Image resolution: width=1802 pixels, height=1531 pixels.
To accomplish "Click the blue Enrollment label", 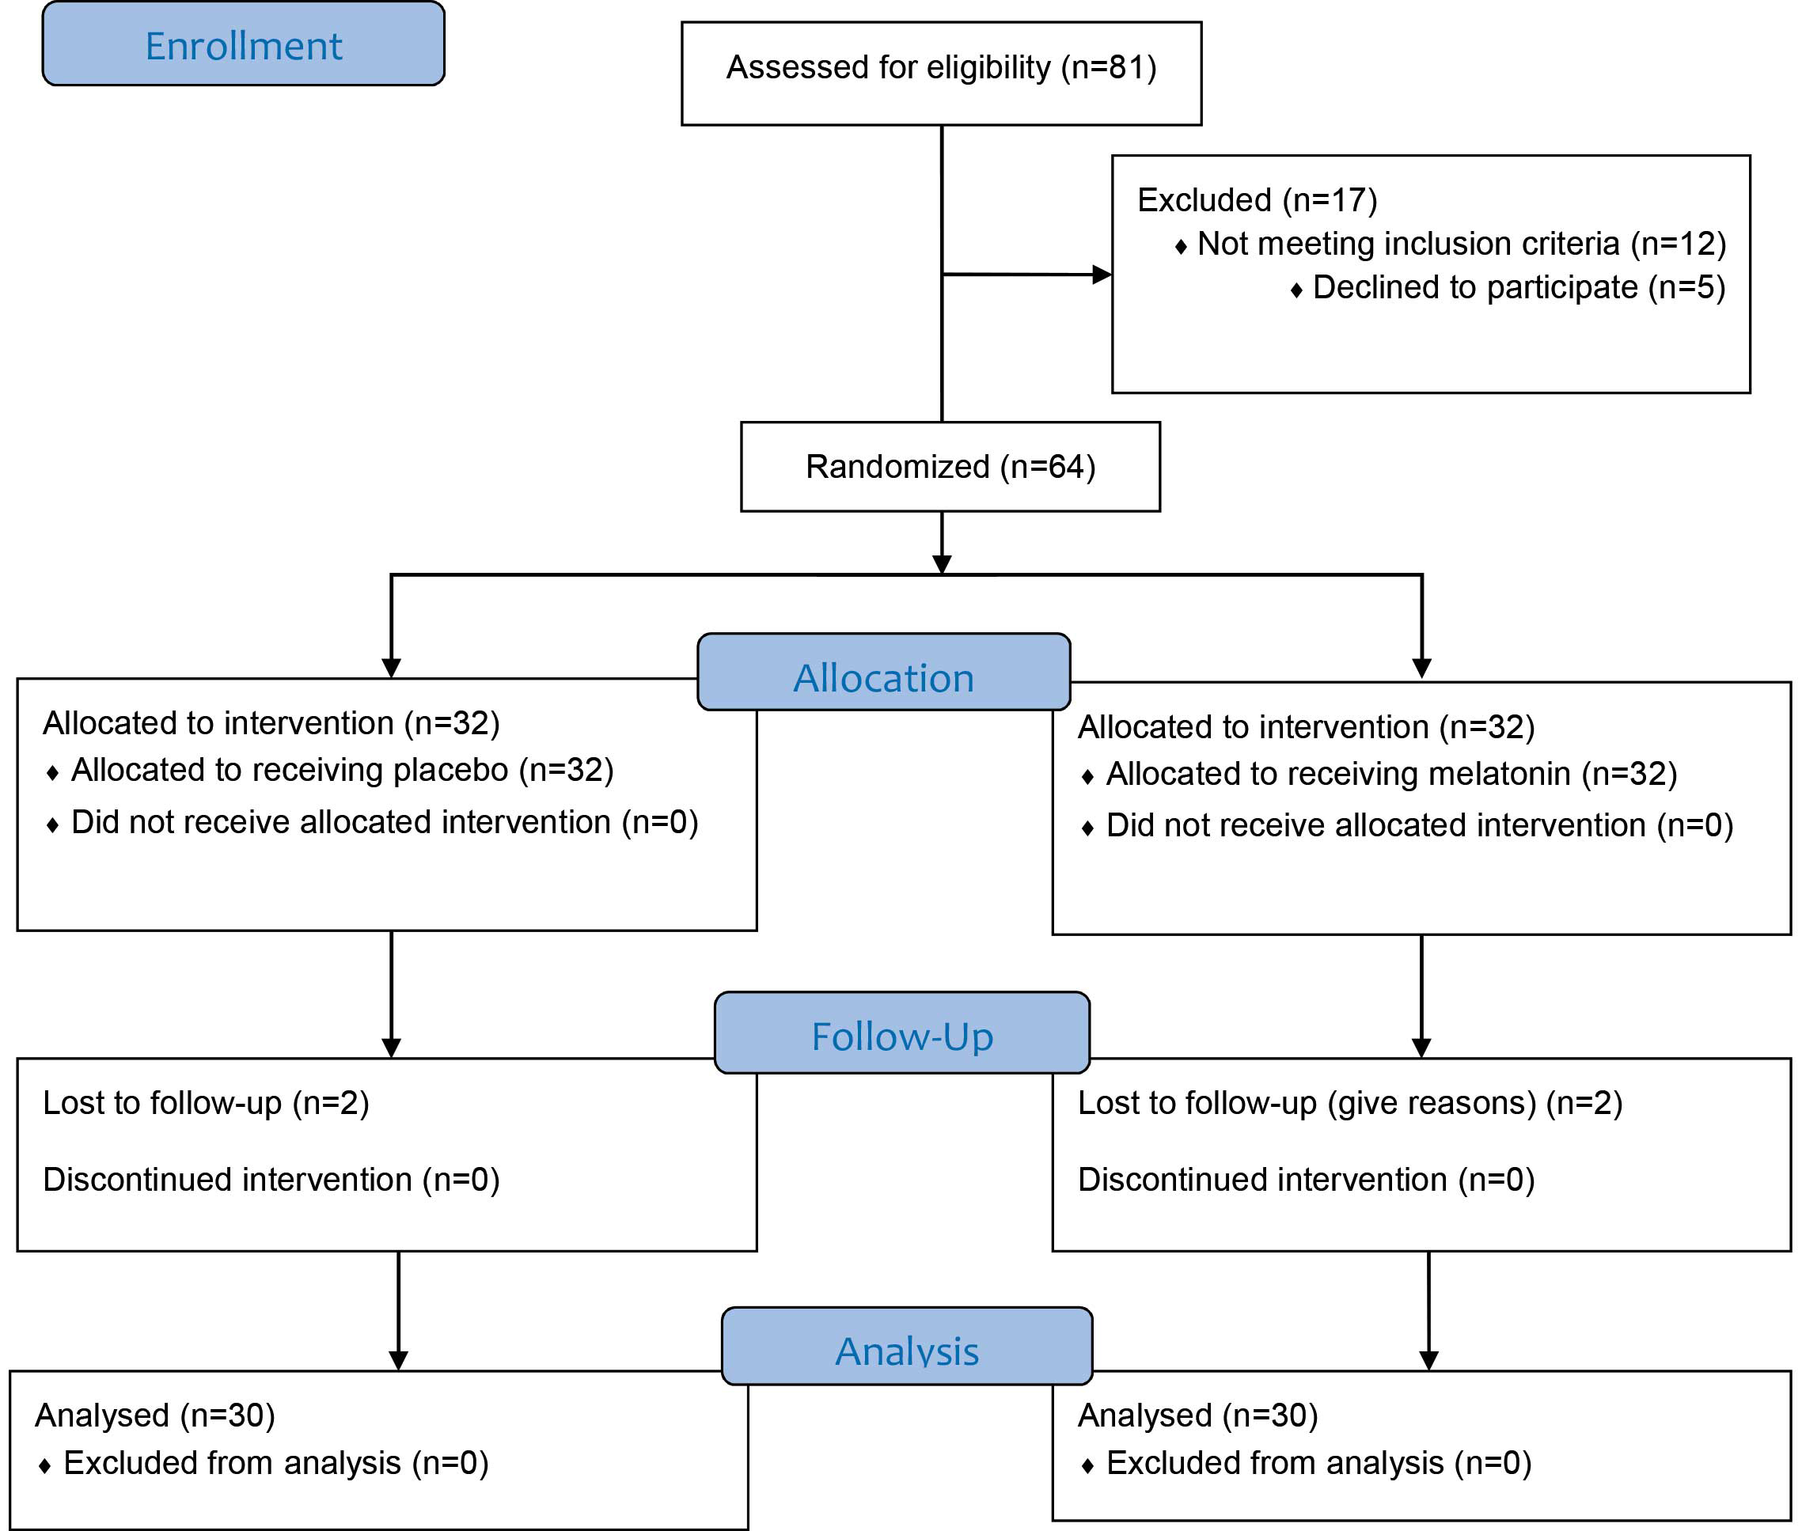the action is tap(243, 44).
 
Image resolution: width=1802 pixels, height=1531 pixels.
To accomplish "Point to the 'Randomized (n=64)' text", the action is tap(950, 467).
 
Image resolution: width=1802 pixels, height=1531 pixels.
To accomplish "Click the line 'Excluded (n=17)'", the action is tap(1257, 200).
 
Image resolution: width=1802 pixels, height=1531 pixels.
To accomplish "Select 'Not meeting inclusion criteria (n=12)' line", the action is tap(1462, 244).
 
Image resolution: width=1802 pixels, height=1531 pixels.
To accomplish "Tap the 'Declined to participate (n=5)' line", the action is tap(1519, 287).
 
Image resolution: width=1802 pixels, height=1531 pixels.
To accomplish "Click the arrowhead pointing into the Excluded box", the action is tap(1102, 275).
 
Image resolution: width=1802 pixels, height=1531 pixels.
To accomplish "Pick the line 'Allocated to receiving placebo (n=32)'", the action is tap(342, 770).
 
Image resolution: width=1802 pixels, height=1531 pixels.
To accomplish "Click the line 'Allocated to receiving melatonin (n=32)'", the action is tap(1391, 773).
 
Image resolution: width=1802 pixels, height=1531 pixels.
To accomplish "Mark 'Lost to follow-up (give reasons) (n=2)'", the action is tap(1350, 1103).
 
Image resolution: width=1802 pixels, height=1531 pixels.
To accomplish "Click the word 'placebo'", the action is tap(450, 771).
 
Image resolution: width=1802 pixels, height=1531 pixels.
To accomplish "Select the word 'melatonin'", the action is tap(1499, 773).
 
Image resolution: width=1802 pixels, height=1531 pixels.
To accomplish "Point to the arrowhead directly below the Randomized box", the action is tap(942, 564).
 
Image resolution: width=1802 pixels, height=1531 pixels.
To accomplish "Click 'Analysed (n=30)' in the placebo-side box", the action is tap(154, 1415).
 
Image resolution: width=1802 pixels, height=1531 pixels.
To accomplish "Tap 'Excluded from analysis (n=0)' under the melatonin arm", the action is tap(1318, 1463).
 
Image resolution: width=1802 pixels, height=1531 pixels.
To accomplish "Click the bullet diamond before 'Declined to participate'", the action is tap(1296, 290).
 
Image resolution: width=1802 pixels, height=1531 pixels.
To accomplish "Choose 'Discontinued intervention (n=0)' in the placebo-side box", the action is tap(271, 1180).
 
